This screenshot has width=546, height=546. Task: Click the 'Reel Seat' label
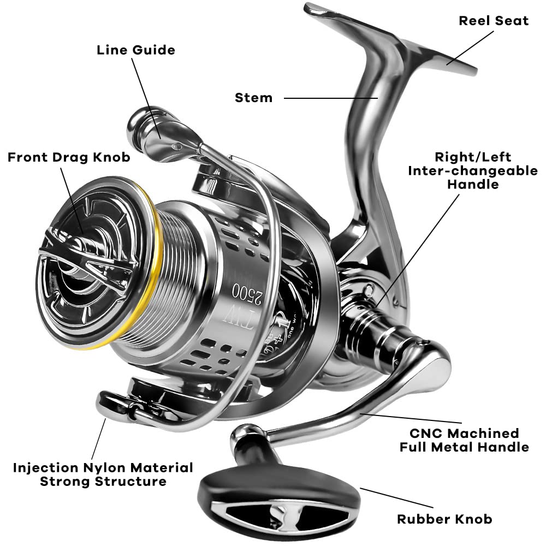[494, 21]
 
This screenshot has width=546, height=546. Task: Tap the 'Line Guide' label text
[136, 50]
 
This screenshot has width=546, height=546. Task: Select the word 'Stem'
[253, 98]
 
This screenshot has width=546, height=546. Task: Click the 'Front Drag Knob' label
[69, 157]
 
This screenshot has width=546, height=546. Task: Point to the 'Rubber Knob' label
[444, 519]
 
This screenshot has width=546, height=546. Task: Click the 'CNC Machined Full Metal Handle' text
[464, 440]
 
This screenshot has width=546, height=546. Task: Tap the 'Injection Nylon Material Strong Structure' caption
[103, 474]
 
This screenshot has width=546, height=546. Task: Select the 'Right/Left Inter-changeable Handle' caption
[473, 170]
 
